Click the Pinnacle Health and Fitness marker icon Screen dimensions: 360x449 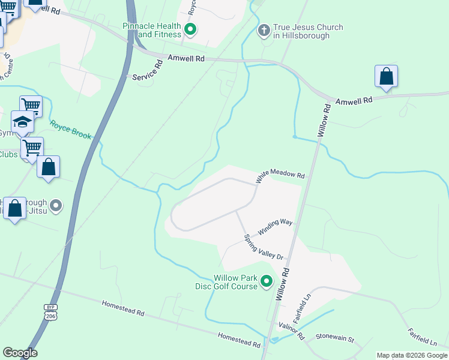point(191,29)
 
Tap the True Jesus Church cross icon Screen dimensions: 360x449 point(264,30)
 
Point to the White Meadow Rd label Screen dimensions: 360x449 point(280,175)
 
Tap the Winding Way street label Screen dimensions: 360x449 point(275,227)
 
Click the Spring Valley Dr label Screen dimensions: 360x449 point(264,247)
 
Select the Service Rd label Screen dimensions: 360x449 point(148,70)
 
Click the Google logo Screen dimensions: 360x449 point(20,353)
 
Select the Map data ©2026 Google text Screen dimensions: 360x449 point(412,355)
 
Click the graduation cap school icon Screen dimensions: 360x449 point(23,122)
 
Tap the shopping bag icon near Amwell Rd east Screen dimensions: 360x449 point(386,77)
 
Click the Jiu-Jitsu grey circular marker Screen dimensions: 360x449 point(56,206)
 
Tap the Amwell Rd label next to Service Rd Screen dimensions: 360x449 point(187,58)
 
